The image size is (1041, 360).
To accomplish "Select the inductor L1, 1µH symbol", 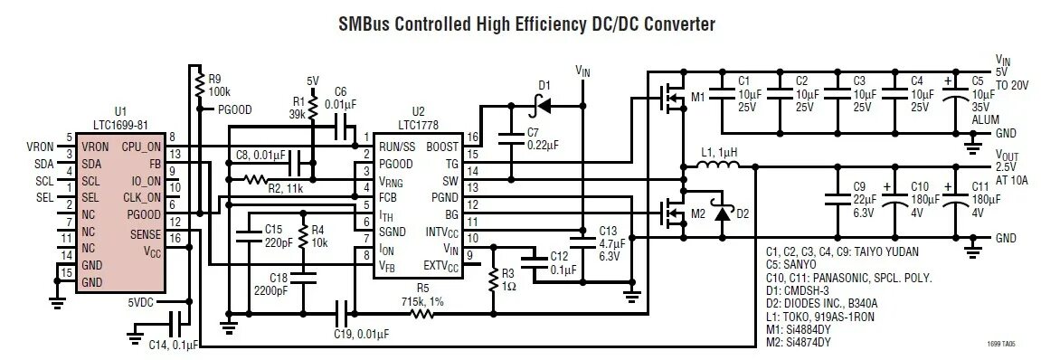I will (720, 166).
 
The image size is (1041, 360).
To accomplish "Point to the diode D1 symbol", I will (543, 105).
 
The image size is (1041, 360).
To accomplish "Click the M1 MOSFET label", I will (696, 96).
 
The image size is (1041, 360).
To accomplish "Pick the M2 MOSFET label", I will (696, 213).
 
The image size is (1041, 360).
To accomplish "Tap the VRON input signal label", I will (40, 147).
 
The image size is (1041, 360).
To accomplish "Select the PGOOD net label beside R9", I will (234, 109).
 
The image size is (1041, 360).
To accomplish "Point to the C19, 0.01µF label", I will (359, 334).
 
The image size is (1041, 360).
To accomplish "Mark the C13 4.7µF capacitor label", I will (608, 243).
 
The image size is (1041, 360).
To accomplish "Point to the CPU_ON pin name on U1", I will (141, 147).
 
